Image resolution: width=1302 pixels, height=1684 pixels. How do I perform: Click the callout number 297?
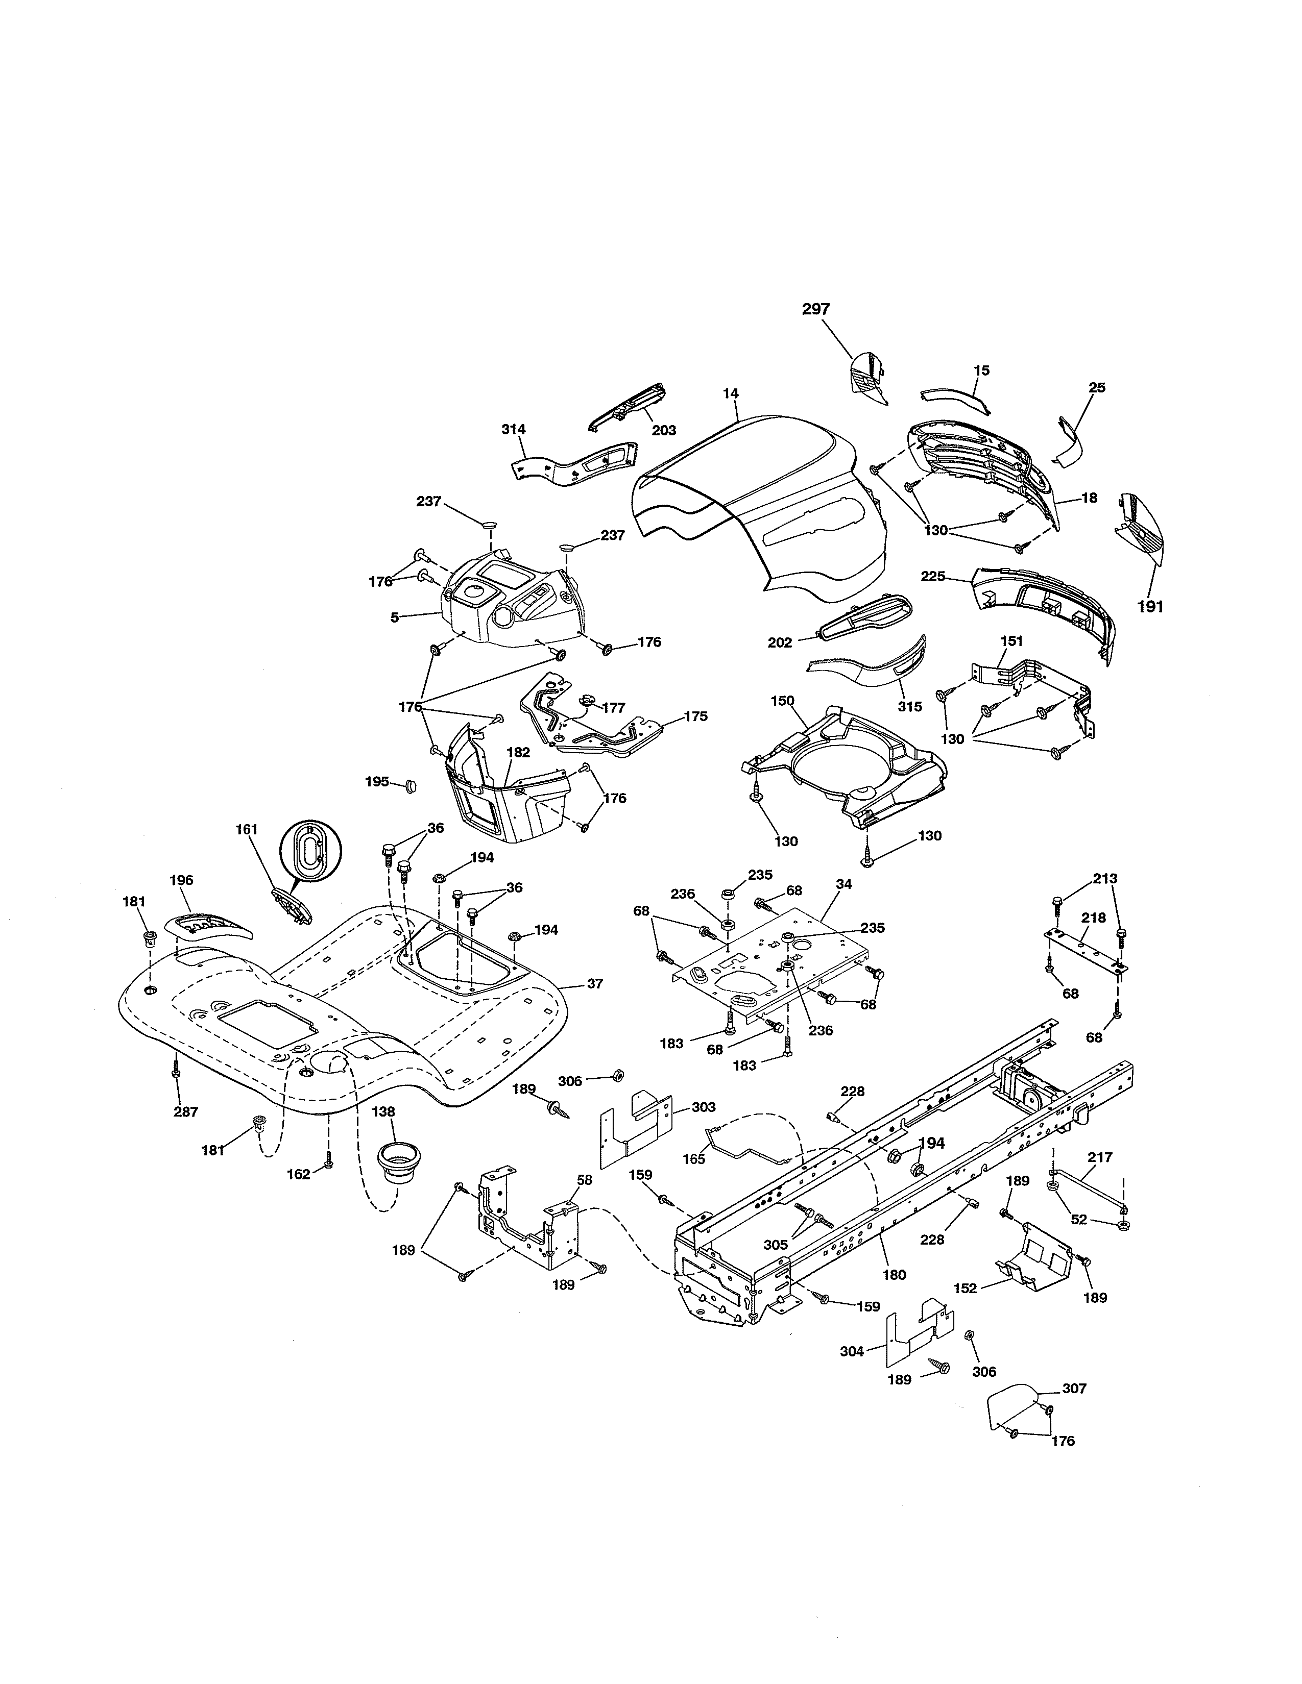pyautogui.click(x=815, y=309)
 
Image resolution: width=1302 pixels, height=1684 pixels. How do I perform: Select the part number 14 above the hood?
pyautogui.click(x=731, y=393)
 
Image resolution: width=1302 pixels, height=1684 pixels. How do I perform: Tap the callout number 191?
pyautogui.click(x=1150, y=607)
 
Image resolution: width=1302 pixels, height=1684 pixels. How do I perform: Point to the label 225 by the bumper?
pyautogui.click(x=932, y=576)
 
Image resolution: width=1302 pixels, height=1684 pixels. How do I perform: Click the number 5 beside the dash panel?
pyautogui.click(x=394, y=617)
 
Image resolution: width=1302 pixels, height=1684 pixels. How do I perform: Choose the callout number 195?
pyautogui.click(x=377, y=782)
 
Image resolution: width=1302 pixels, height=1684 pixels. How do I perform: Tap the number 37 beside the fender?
pyautogui.click(x=595, y=983)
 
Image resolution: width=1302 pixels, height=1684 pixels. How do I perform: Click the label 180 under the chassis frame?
pyautogui.click(x=894, y=1275)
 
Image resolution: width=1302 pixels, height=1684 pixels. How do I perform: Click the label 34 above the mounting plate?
pyautogui.click(x=844, y=884)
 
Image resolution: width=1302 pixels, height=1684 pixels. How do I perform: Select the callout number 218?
pyautogui.click(x=1093, y=918)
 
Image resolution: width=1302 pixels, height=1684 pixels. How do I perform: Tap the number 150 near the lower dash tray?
pyautogui.click(x=782, y=700)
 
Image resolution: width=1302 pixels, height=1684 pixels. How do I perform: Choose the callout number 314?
pyautogui.click(x=513, y=430)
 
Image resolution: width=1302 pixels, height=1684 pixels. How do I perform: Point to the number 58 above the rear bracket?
pyautogui.click(x=585, y=1180)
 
